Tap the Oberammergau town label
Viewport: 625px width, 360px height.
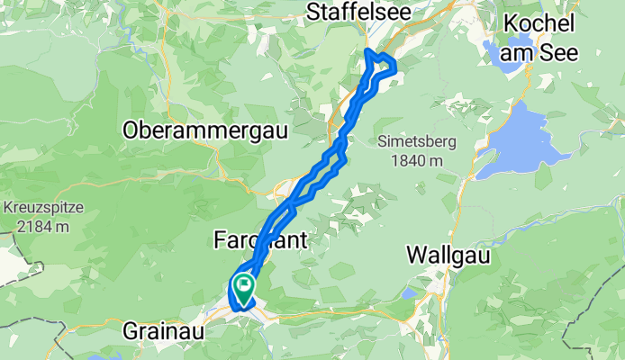pyautogui.click(x=205, y=130)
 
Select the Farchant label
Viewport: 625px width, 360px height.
pyautogui.click(x=260, y=240)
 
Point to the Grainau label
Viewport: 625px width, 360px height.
pyautogui.click(x=164, y=332)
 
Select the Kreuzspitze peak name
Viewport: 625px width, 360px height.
pyautogui.click(x=42, y=208)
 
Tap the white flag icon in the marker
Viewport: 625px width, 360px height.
pyautogui.click(x=243, y=285)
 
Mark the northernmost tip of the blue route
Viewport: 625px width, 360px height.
pyautogui.click(x=366, y=50)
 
